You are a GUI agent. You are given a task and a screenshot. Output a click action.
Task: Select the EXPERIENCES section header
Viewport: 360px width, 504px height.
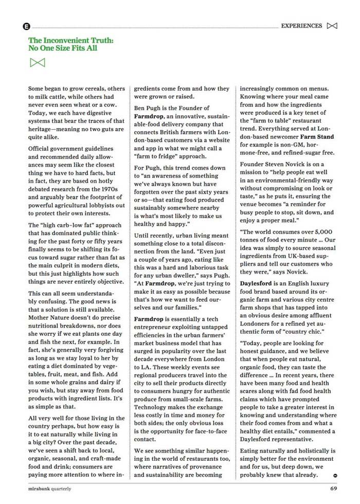[301, 26]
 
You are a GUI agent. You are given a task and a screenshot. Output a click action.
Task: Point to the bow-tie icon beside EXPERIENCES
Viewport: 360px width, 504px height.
[332, 26]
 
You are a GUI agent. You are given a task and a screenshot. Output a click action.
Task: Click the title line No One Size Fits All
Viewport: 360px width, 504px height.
[63, 48]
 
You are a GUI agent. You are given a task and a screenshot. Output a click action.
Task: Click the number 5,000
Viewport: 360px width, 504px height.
[324, 232]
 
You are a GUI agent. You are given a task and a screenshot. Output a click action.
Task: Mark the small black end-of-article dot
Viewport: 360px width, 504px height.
[335, 476]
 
